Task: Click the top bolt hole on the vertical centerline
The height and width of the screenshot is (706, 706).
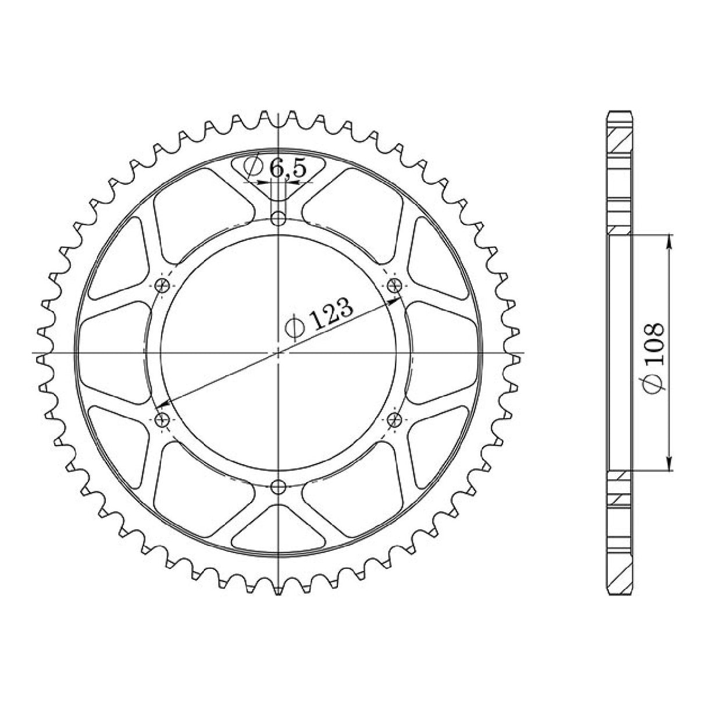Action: pyautogui.click(x=279, y=219)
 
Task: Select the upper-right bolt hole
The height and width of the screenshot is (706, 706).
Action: pyautogui.click(x=395, y=285)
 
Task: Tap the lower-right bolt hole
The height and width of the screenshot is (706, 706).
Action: pyautogui.click(x=395, y=419)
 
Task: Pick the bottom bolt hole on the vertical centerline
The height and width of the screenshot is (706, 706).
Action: pyautogui.click(x=279, y=486)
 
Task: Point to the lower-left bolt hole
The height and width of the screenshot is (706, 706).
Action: pyautogui.click(x=163, y=419)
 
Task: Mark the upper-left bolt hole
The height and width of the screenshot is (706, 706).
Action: pyautogui.click(x=163, y=285)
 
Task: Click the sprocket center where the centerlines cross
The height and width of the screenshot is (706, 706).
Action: pyautogui.click(x=279, y=352)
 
